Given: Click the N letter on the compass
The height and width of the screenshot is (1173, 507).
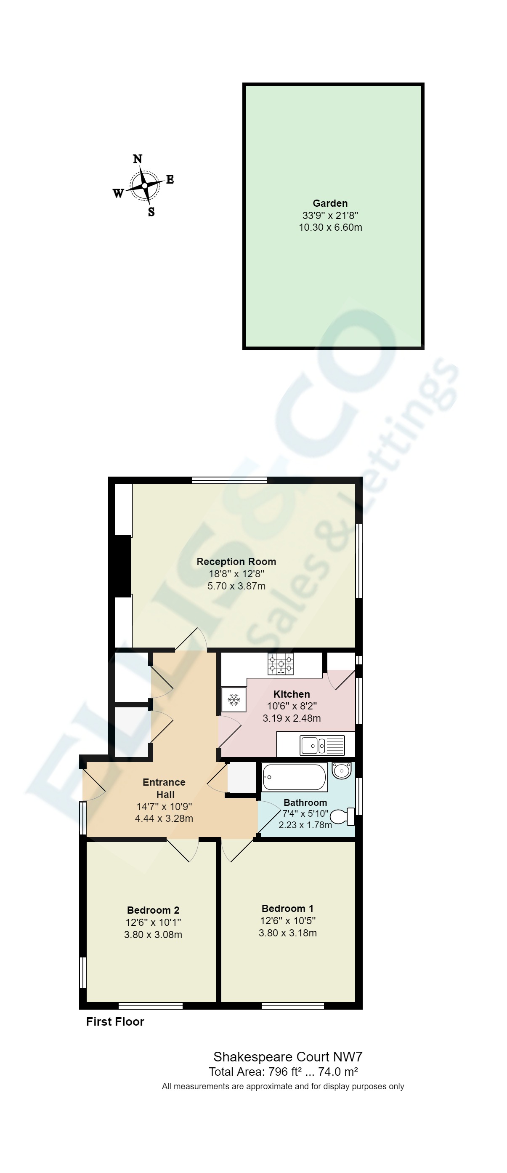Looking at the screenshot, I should pos(138,159).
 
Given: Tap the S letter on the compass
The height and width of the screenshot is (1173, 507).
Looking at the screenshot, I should pos(151,212).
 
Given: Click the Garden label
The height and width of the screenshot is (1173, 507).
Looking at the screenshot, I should pos(330,203).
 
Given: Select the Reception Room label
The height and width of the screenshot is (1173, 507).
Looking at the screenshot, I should pos(236,562).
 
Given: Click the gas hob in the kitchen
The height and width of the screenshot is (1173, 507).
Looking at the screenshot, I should pos(281,664).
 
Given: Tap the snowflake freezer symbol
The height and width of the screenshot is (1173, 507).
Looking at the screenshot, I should pos(234,700).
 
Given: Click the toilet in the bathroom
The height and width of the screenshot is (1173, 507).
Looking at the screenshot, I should pos(343,817).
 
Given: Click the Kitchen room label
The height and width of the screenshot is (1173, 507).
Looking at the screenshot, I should pos(292,694).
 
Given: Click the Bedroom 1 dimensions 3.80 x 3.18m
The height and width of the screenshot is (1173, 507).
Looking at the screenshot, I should pos(288,933).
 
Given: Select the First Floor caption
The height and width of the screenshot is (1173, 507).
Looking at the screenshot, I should pos(115,1022).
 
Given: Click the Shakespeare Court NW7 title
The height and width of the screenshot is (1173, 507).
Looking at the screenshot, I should pos(288,1057).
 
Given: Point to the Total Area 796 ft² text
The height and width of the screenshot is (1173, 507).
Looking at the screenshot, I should pos(255,1072).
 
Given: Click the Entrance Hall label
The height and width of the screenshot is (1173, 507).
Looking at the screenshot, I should pos(164,788).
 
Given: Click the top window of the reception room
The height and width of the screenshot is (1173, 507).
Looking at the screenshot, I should pos(229,480).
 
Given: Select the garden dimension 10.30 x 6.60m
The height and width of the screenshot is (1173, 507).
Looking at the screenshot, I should pos(330,228).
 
